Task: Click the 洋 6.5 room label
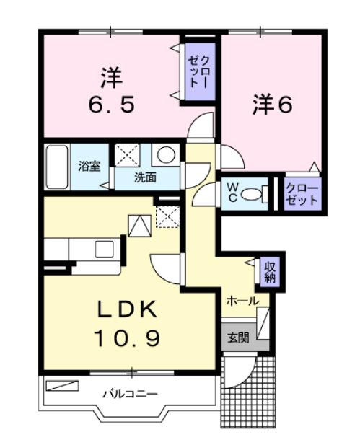click(111, 90)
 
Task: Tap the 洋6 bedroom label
click(272, 105)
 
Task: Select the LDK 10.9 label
click(128, 323)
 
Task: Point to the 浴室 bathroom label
click(89, 166)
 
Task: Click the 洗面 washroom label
click(145, 177)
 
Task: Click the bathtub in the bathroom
click(57, 167)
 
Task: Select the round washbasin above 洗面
click(167, 154)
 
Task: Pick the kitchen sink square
click(104, 249)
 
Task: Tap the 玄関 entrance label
click(238, 338)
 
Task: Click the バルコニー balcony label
click(130, 395)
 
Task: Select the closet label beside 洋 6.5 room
click(200, 71)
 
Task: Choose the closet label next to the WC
click(302, 195)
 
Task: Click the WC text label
click(232, 193)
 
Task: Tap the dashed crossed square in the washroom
click(127, 155)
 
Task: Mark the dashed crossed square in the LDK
click(168, 217)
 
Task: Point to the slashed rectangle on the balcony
click(62, 386)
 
